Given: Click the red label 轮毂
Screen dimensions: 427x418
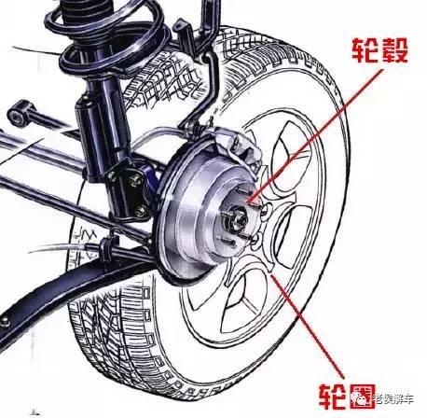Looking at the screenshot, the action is [379, 50].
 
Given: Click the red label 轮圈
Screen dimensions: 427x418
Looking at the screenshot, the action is [347, 396].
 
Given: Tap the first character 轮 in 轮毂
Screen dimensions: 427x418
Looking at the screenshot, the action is [365, 50].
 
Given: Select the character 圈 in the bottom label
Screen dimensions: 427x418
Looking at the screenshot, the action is [363, 396].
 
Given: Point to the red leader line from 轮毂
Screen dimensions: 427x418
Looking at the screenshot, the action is [317, 135].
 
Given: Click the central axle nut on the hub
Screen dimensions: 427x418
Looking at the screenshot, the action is [240, 217].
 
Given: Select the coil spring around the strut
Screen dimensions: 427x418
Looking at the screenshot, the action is [105, 37].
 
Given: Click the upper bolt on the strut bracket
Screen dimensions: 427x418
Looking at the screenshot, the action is [134, 179].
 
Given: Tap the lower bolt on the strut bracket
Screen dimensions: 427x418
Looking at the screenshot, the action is [141, 211].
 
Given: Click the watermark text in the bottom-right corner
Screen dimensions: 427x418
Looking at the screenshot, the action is [393, 398].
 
